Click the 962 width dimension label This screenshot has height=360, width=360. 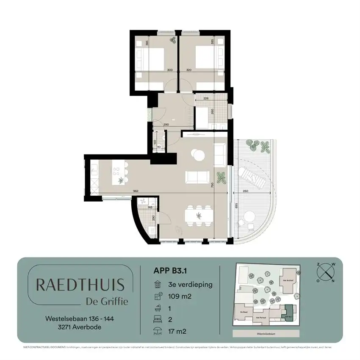136,191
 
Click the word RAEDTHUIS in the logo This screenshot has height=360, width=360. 80,285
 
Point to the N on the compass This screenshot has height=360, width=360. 333,280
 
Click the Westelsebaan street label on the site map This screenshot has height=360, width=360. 266,334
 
